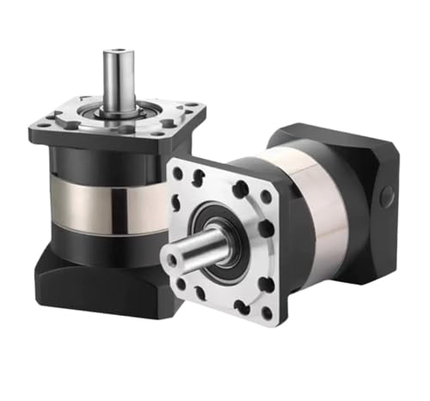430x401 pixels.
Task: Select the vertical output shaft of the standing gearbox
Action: pos(118,82)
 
